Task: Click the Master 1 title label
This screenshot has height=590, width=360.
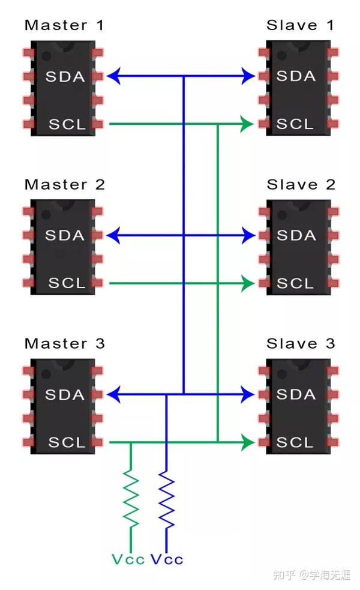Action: tap(64, 25)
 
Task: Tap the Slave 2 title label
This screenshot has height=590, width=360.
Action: tap(301, 184)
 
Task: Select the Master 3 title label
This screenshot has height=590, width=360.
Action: tap(65, 343)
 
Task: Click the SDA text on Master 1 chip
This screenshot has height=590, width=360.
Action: tap(65, 77)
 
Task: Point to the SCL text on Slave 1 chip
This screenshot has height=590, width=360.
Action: tap(295, 124)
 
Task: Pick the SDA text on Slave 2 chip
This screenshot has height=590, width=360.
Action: tap(296, 235)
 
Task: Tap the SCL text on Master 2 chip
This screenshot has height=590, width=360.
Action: tap(67, 283)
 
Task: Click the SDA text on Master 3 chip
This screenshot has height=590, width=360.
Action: tap(65, 394)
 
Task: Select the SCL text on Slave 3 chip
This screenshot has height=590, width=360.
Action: tap(295, 442)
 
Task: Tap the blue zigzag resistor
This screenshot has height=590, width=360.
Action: tap(167, 498)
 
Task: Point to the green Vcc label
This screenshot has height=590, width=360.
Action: tap(128, 559)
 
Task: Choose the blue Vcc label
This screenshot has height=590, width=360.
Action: tap(167, 559)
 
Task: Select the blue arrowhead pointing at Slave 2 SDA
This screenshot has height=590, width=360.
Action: tap(248, 235)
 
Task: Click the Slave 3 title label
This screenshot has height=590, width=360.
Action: tap(301, 343)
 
